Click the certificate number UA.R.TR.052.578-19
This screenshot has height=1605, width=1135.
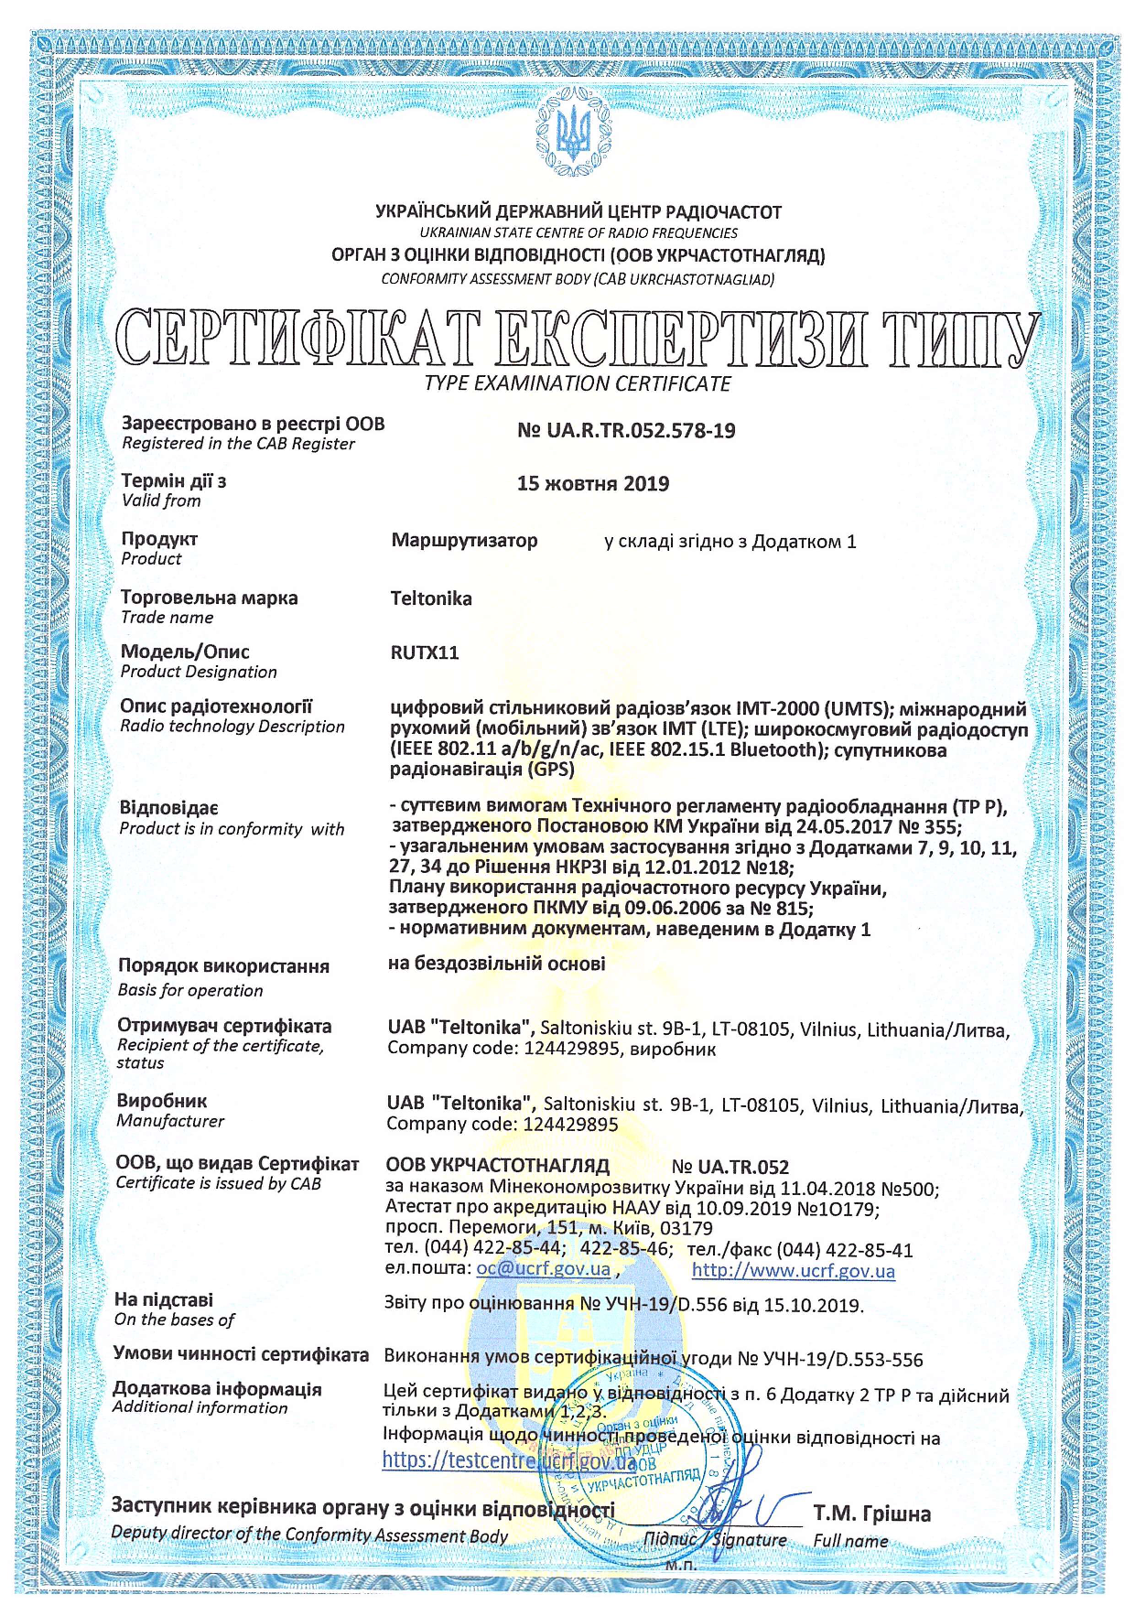coord(626,431)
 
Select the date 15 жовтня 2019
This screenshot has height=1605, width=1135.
coord(592,484)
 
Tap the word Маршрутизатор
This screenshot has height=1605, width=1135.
coord(464,541)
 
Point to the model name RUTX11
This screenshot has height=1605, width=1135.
coord(424,653)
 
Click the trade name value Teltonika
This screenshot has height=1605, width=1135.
coord(431,599)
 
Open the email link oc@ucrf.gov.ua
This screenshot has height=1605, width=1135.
coord(543,1269)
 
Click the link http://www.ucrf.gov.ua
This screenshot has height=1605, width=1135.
coord(793,1270)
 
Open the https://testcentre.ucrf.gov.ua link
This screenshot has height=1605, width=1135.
coord(509,1460)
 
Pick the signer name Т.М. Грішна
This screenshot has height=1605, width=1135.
coord(871,1514)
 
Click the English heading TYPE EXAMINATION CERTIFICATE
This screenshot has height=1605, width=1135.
coord(578,384)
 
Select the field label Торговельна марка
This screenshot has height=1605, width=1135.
coord(209,598)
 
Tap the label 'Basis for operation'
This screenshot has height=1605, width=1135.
coord(190,990)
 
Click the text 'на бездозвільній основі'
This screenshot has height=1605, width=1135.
coord(496,964)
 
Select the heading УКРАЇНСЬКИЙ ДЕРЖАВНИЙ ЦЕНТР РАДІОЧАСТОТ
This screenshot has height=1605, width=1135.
coord(578,212)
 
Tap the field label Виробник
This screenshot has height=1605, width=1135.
coord(162,1101)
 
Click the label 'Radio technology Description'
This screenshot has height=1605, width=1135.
coord(232,727)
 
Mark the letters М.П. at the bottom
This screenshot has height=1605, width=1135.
coord(680,1565)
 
